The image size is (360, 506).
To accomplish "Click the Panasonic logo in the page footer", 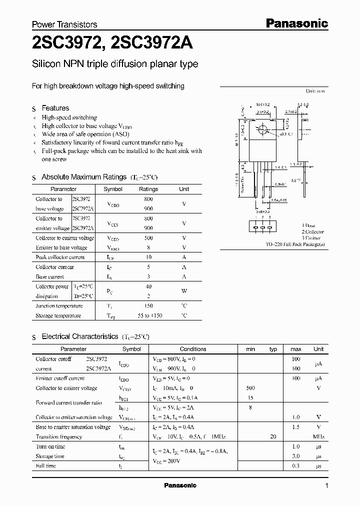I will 180,485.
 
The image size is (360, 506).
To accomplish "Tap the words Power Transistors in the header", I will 64,24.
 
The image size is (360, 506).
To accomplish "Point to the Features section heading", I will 55,108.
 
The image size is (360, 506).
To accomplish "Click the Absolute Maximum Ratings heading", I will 83,177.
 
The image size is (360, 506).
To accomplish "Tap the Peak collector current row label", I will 60,257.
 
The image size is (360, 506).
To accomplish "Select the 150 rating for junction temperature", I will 148,305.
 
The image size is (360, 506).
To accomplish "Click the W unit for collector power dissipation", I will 184,291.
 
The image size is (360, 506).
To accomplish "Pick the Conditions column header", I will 193,349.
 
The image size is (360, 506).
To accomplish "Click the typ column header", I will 273,349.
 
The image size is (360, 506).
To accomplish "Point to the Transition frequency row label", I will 59,436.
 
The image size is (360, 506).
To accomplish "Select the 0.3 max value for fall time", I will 296,465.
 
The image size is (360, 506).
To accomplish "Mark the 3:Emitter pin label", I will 312,238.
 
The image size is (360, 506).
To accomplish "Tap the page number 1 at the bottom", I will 327,486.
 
